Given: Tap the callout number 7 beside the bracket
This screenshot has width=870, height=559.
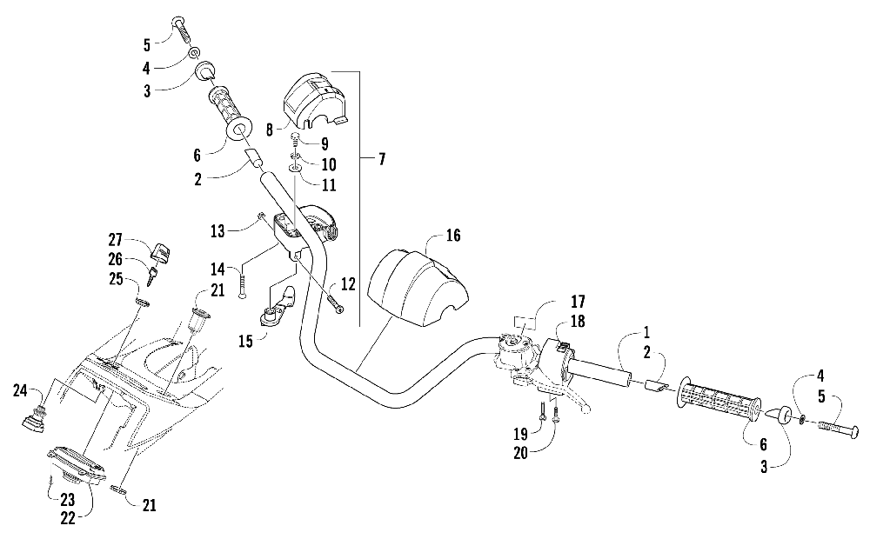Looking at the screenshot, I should tap(382, 159).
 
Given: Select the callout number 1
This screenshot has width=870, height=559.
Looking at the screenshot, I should tap(646, 332).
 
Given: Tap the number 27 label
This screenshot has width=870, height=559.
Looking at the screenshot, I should tap(116, 241).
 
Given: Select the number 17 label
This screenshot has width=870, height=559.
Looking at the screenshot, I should tap(578, 303).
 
